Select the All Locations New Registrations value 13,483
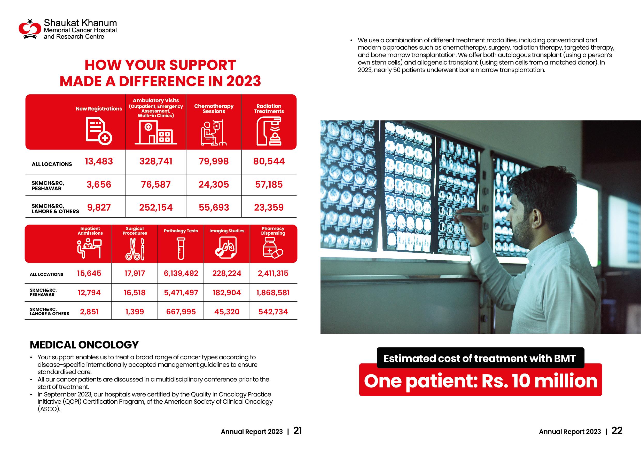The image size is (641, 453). pyautogui.click(x=99, y=161)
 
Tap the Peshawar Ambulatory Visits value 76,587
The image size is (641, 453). pyautogui.click(x=156, y=185)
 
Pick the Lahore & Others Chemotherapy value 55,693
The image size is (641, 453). pyautogui.click(x=214, y=207)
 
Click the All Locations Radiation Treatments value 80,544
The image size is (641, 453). pyautogui.click(x=269, y=161)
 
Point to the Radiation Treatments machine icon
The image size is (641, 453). pyautogui.click(x=269, y=131)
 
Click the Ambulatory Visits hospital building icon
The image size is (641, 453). pyautogui.click(x=156, y=133)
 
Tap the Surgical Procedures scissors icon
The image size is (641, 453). pyautogui.click(x=135, y=249)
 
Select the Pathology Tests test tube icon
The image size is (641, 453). pyautogui.click(x=181, y=249)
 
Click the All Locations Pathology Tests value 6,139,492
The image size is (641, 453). pyautogui.click(x=181, y=273)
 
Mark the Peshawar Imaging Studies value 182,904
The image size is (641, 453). pyautogui.click(x=227, y=292)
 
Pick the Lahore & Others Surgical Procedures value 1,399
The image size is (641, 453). pyautogui.click(x=135, y=312)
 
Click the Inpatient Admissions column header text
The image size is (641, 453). pyautogui.click(x=90, y=231)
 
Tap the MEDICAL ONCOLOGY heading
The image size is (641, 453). pyautogui.click(x=84, y=345)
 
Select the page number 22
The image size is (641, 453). pyautogui.click(x=617, y=431)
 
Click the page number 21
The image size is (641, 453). pyautogui.click(x=298, y=431)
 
